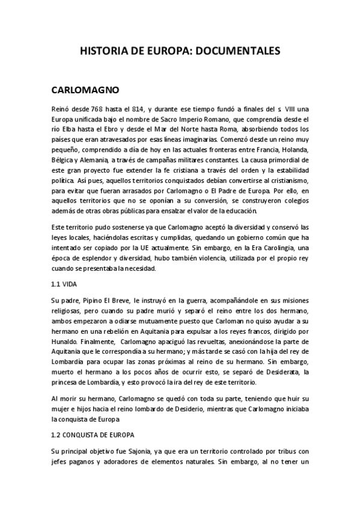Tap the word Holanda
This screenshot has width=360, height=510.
(x=293, y=149)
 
